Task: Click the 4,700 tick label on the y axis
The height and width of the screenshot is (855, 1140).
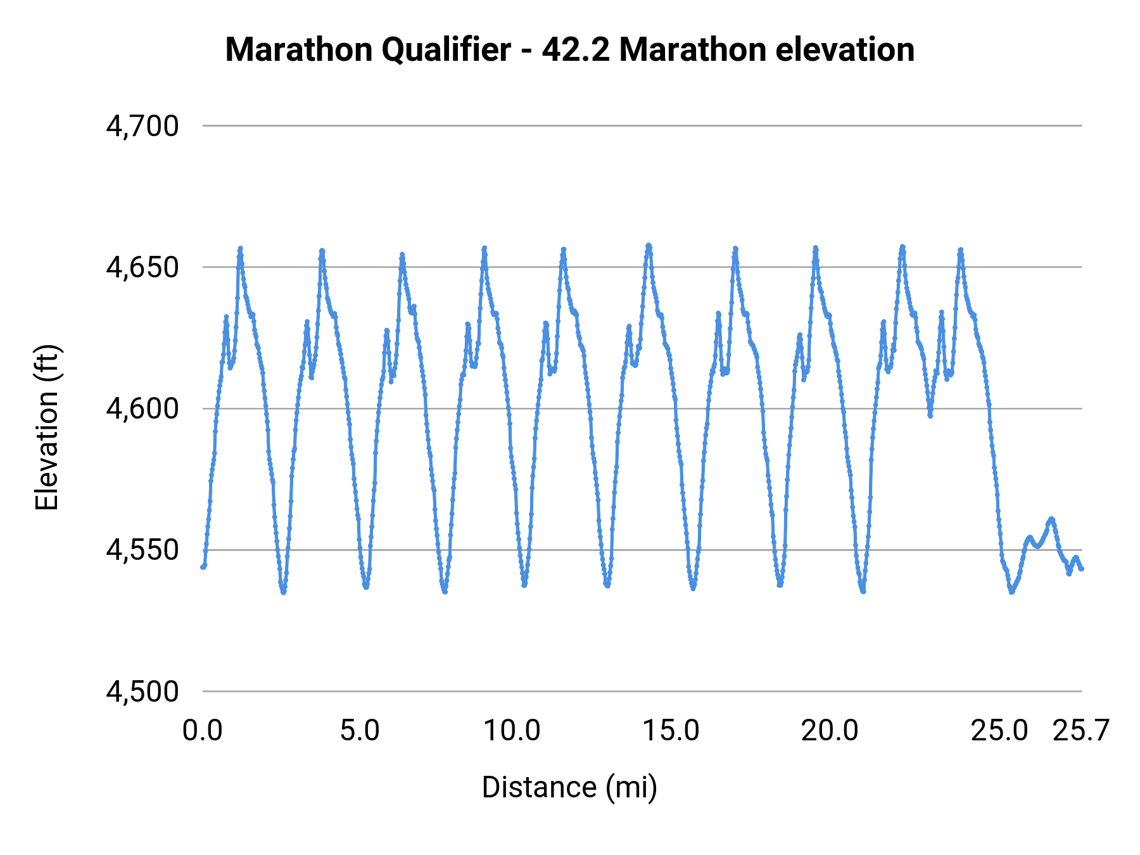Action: tap(142, 126)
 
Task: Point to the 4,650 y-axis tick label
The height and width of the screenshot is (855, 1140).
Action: tap(142, 267)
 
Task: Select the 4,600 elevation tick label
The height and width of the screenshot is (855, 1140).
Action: tap(142, 408)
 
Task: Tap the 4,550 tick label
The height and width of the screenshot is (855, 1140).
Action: tap(142, 550)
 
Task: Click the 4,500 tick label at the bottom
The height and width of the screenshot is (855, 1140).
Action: tap(142, 691)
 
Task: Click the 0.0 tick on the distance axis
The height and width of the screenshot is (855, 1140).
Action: tap(203, 731)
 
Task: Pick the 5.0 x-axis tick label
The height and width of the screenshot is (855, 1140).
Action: tap(359, 731)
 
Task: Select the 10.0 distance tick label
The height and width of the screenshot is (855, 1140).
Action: tap(512, 731)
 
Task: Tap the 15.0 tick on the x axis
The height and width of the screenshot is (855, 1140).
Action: tap(671, 731)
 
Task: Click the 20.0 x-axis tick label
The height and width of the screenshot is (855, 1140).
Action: tap(830, 731)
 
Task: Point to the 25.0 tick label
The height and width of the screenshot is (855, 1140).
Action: tap(999, 731)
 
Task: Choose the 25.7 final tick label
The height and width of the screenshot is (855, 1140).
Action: tap(1080, 731)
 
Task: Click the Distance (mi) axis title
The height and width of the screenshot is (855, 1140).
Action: tap(569, 787)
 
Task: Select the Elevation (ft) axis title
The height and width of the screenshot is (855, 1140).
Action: tap(47, 427)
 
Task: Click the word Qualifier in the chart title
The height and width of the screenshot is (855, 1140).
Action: tap(446, 49)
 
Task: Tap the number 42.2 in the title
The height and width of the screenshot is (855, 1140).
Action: tap(576, 49)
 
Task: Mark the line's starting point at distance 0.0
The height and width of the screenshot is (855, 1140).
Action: tap(203, 567)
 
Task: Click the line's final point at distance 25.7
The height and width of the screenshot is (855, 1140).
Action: tap(1082, 569)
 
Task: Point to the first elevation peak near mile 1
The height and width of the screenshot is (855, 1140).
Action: tap(240, 248)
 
